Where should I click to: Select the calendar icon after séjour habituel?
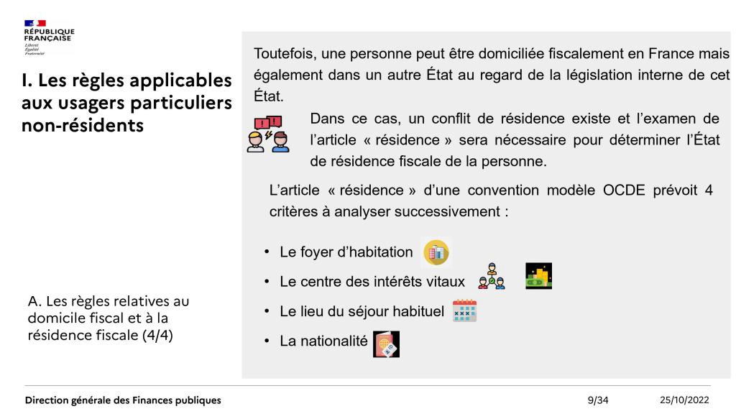point(464,311)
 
